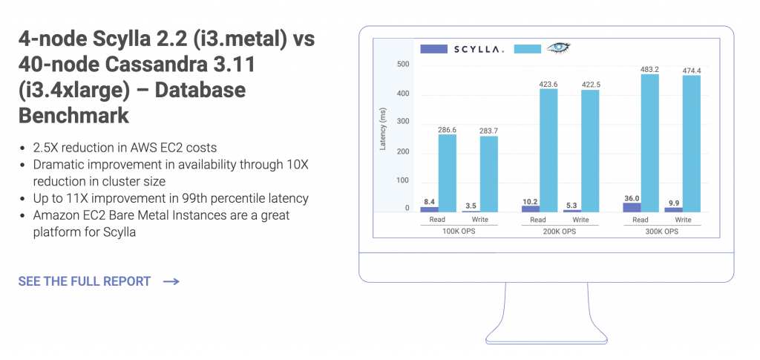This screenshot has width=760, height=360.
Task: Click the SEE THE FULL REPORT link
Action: point(84,281)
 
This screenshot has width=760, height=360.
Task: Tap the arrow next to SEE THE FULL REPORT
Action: point(171,281)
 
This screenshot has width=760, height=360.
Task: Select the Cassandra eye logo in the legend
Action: point(560,48)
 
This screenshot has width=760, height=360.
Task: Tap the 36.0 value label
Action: point(632,198)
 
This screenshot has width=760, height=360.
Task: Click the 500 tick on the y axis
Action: point(403,65)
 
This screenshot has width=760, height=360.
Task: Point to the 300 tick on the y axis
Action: point(403,122)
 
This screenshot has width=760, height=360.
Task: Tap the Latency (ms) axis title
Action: point(383,128)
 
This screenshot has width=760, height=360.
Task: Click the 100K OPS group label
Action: point(458,232)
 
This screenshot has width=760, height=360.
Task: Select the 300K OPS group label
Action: point(662,232)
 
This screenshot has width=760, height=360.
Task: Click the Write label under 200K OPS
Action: point(580,220)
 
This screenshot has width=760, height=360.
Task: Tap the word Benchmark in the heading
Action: point(73,115)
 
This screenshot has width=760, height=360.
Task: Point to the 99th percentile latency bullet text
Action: point(171,198)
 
